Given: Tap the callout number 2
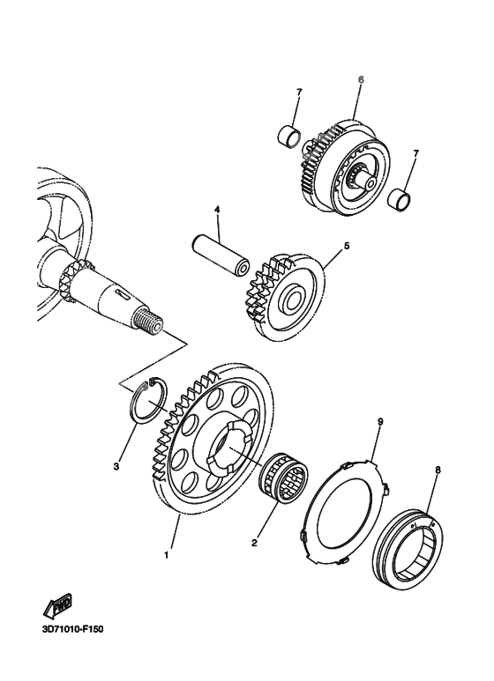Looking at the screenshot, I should [x=254, y=543].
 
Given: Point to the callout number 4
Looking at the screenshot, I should [x=214, y=209].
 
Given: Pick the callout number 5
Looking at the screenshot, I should [x=347, y=246].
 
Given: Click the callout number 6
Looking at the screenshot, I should [x=360, y=80].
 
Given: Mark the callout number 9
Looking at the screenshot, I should [x=379, y=423].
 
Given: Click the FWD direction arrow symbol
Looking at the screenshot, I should [x=57, y=607].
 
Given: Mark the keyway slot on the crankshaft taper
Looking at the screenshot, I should [x=120, y=292].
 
